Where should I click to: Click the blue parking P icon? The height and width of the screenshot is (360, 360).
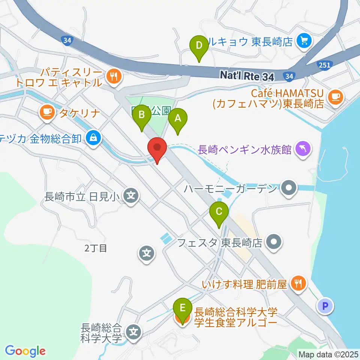(325, 306)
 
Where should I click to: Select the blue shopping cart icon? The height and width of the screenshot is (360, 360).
(302, 40)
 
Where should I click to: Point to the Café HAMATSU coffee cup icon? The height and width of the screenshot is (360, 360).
(335, 96)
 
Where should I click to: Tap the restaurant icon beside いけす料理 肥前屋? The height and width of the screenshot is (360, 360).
(298, 283)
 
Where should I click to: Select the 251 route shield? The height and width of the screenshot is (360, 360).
(325, 65)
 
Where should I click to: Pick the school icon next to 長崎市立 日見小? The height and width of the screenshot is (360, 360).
(130, 195)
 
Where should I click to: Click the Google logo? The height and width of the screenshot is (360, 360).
(25, 351)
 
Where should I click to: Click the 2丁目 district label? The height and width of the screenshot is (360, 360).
(96, 248)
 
